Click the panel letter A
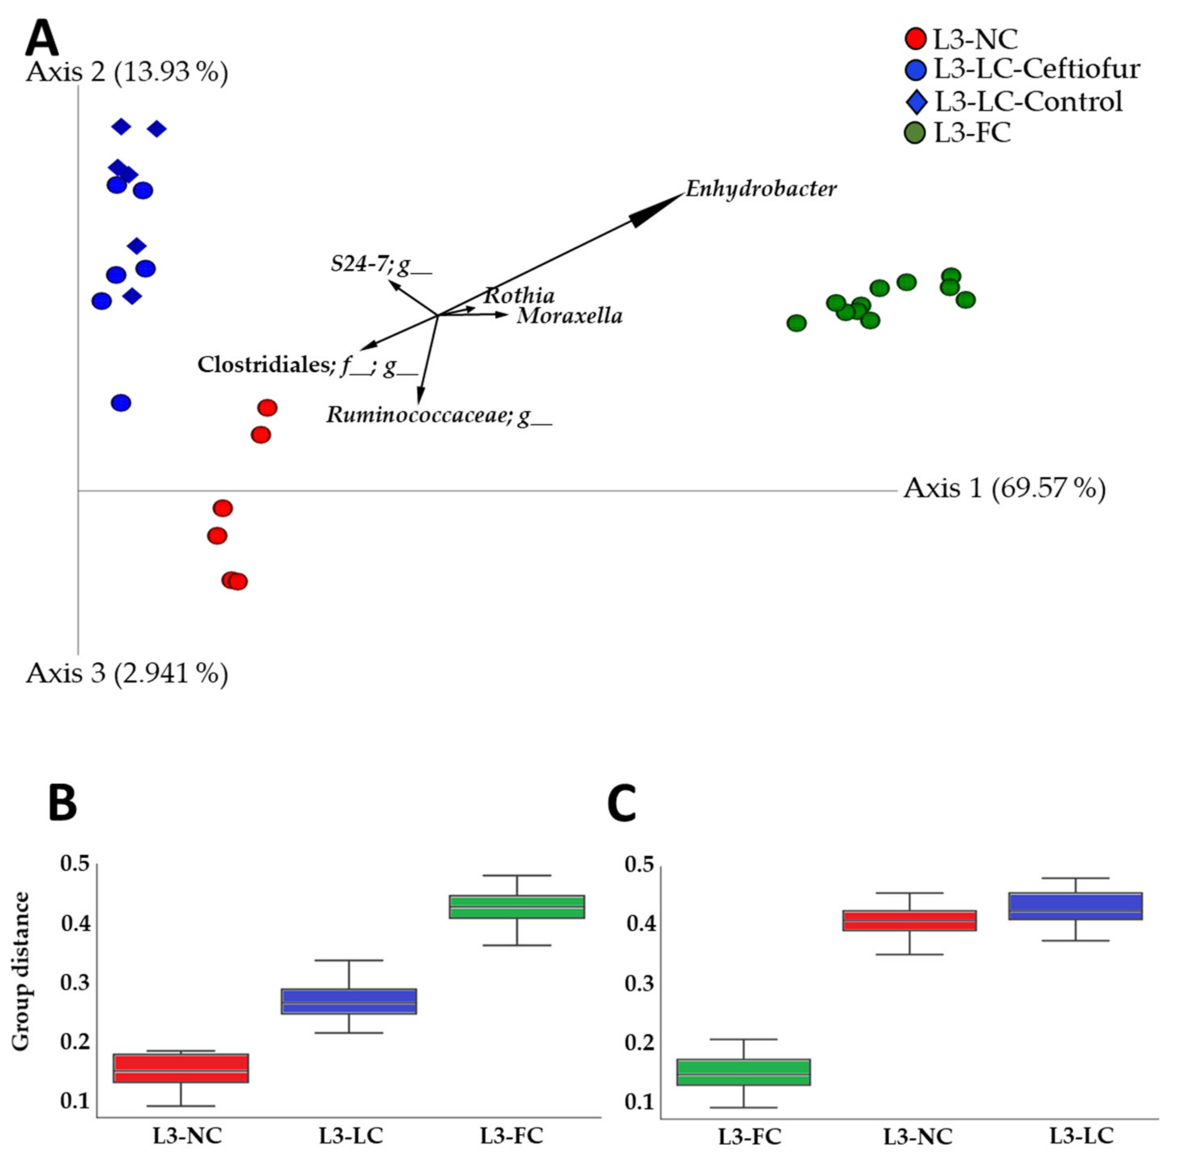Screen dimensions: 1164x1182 (41, 38)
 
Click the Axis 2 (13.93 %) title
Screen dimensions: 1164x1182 (127, 72)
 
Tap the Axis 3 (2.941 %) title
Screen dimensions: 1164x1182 (127, 673)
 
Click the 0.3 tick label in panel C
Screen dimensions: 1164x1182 (639, 984)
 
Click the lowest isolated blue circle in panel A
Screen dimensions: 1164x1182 (121, 403)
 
